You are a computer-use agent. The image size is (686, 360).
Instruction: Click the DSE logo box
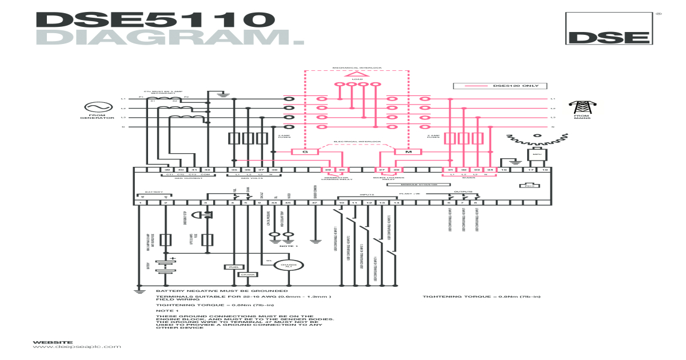click(608, 29)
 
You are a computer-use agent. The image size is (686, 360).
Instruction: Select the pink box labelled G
click(305, 152)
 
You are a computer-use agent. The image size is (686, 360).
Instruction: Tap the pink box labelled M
click(408, 152)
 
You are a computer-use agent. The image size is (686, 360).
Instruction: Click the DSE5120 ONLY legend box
click(500, 86)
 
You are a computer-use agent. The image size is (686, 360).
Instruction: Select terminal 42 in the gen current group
click(208, 170)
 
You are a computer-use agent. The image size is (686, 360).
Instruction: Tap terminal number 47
click(314, 202)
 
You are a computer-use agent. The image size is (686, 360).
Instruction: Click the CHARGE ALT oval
click(290, 265)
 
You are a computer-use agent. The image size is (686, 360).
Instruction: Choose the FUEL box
click(233, 267)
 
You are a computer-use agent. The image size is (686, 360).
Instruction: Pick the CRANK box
click(247, 274)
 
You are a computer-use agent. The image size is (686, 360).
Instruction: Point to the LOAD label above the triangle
click(357, 79)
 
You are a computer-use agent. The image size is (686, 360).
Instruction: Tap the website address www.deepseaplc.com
click(77, 347)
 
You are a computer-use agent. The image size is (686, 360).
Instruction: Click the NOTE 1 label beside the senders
click(289, 246)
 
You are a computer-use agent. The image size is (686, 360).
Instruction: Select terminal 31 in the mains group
click(450, 170)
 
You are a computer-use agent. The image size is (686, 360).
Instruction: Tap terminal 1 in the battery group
click(140, 202)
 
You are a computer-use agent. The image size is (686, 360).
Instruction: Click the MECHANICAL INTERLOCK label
click(357, 67)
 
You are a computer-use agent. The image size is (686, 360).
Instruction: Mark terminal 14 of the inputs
click(396, 202)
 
